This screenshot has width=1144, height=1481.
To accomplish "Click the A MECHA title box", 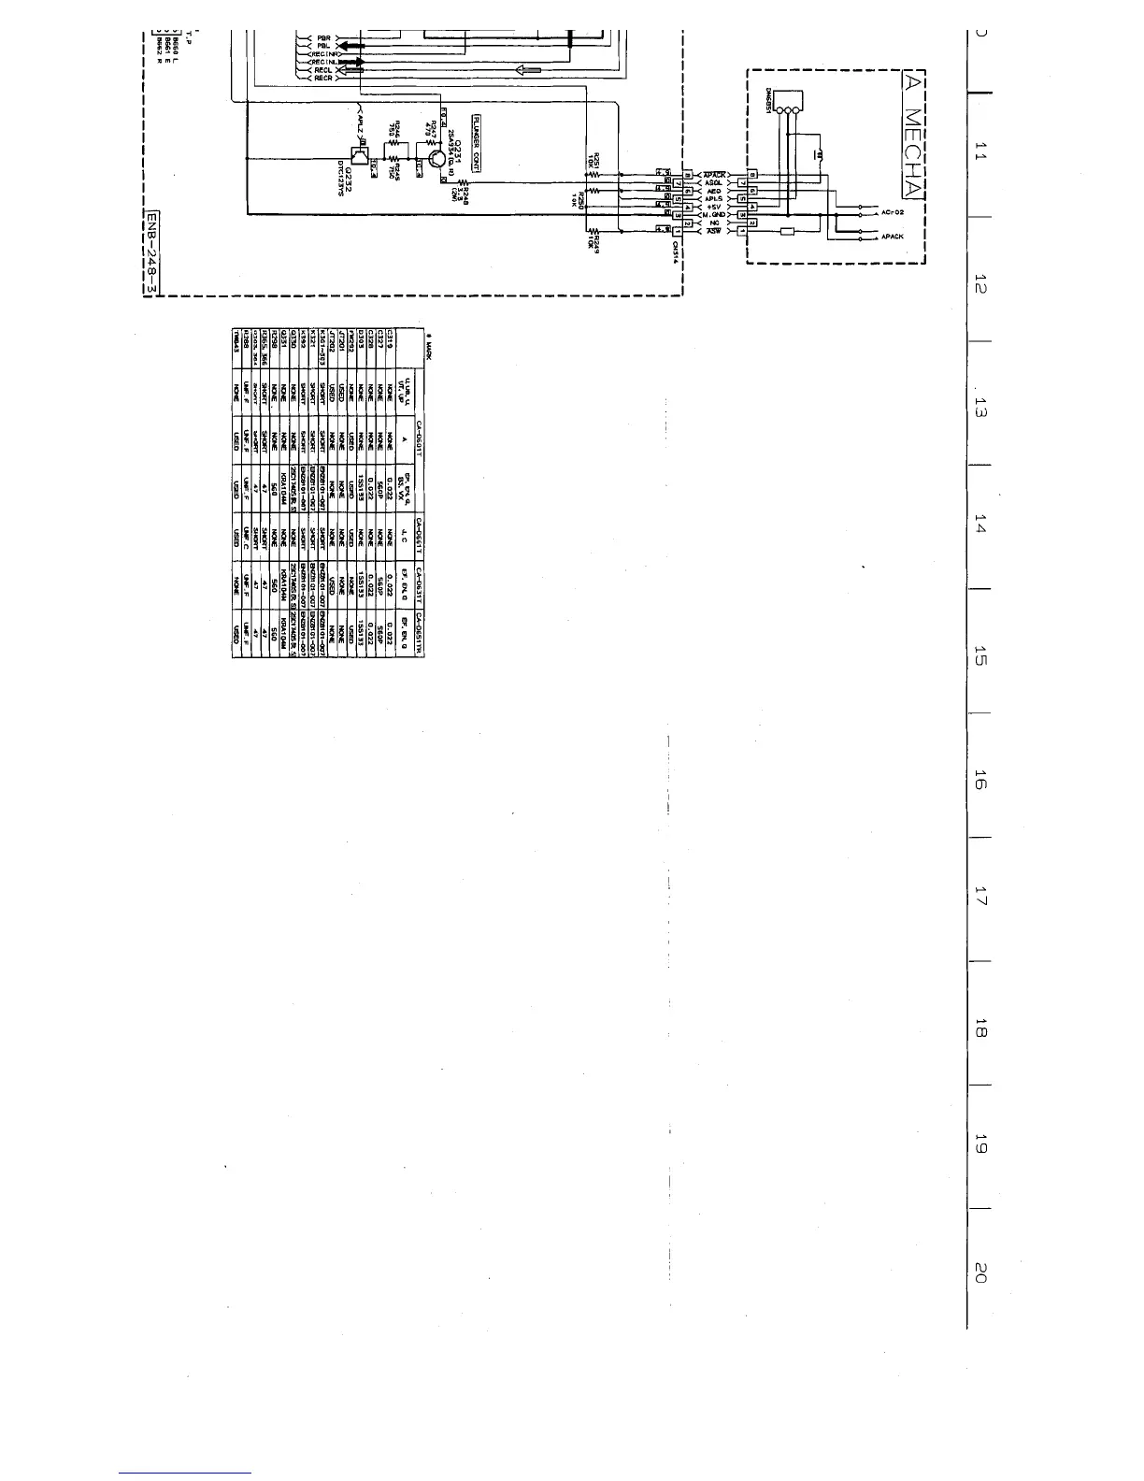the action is [x=912, y=135].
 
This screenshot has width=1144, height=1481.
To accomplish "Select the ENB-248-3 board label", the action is [x=152, y=252].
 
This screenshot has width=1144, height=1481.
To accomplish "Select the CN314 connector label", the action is [x=675, y=253].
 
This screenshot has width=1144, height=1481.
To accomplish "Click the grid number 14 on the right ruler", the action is [x=980, y=527].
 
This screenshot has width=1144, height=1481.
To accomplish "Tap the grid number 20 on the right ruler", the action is [x=980, y=1273].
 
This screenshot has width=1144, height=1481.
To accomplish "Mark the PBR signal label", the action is [x=323, y=37].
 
